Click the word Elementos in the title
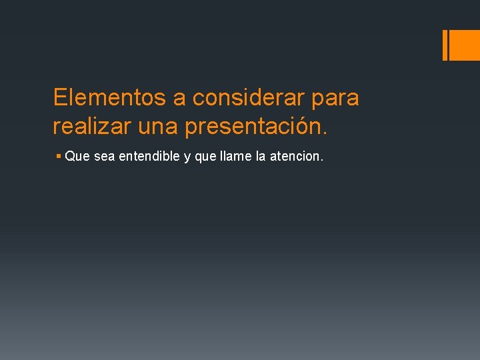point(110,98)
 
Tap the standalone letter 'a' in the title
point(179,98)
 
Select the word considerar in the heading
point(249,98)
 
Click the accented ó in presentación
point(307,125)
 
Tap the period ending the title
point(325,133)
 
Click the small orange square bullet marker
point(59,157)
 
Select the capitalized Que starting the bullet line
point(78,157)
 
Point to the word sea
point(105,157)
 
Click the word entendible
point(149,157)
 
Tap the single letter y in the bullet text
point(187,159)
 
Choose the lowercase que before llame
point(203,159)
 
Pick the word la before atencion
point(257,157)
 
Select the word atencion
point(294,157)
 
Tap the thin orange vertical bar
point(445,45)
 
